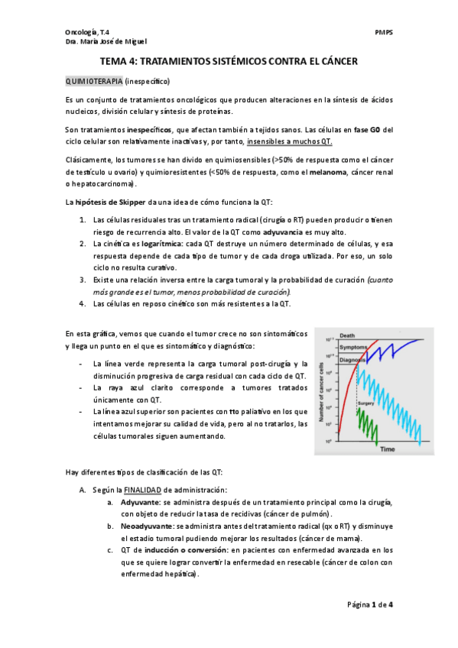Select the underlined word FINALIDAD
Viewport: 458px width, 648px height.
tap(142, 489)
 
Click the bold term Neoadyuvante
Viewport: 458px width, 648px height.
tap(145, 526)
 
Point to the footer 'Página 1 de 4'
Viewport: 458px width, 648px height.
tap(370, 604)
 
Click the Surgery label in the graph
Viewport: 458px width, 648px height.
tap(365, 403)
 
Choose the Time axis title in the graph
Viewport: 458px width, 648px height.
tap(388, 449)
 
